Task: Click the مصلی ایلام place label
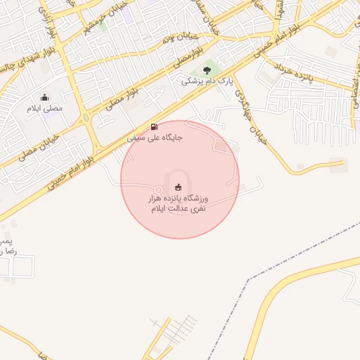(x=44, y=109)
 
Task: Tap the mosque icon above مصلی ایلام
(x=45, y=98)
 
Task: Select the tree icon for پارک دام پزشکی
(x=207, y=70)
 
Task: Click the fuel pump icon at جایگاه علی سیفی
(x=154, y=127)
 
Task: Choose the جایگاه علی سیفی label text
(x=155, y=138)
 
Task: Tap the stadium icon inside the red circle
(x=179, y=186)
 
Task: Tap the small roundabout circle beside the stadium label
(x=159, y=190)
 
